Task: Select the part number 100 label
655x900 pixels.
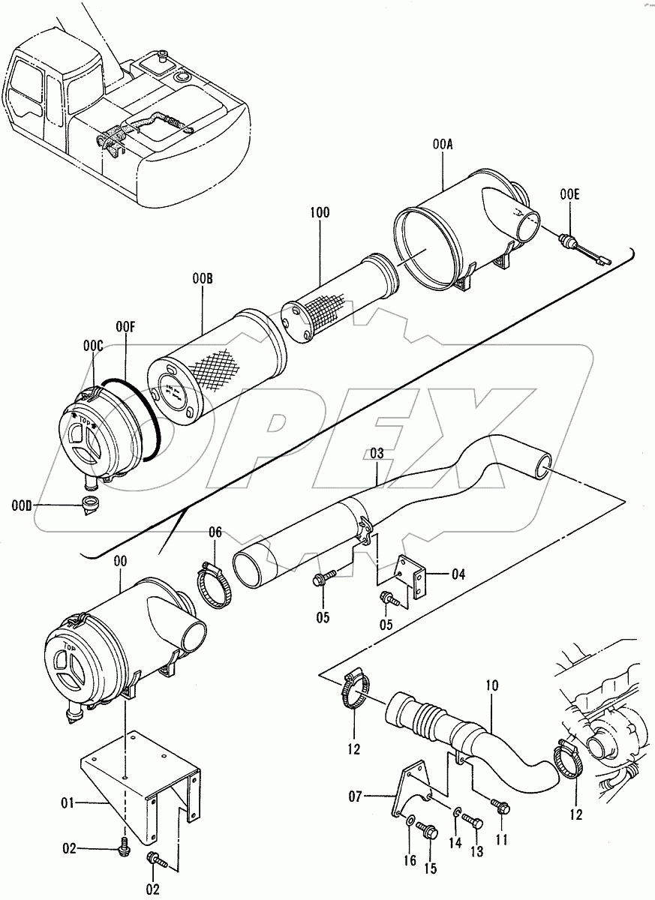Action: point(320,214)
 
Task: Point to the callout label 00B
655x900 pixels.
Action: point(203,279)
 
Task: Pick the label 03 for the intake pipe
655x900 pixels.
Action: point(377,453)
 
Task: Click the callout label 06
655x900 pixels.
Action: point(215,532)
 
